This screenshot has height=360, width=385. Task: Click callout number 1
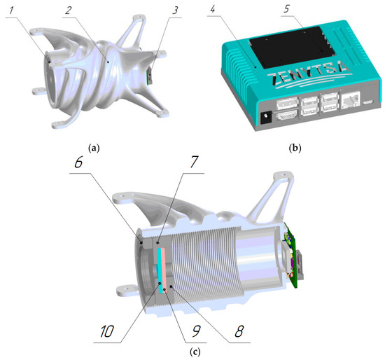[11, 11]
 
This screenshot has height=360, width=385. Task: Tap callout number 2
[69, 11]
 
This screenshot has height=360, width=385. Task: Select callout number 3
[175, 11]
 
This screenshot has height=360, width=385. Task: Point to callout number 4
[212, 9]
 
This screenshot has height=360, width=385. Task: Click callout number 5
[287, 8]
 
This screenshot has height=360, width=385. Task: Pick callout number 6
[78, 162]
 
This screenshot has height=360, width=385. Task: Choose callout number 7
[193, 162]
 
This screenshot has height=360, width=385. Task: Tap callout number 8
[239, 331]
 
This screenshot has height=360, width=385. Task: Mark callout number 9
[196, 331]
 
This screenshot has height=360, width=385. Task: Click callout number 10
[107, 331]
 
